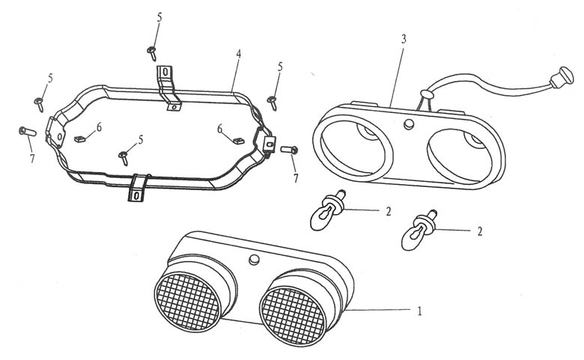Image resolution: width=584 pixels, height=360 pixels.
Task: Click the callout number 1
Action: coord(419,311)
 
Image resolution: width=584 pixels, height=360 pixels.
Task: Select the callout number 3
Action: coord(404,39)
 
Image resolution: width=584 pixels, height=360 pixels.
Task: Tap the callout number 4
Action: coord(238,54)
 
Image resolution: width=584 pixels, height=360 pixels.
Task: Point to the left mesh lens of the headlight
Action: coord(188,302)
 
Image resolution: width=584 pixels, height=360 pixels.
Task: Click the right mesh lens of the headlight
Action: coord(293,316)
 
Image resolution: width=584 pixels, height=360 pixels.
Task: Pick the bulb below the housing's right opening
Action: coord(419,230)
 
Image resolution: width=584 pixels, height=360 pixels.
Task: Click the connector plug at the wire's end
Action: coord(562,77)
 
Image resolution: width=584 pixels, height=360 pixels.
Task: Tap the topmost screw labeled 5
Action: coord(152,53)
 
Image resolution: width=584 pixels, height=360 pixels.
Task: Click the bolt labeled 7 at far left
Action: coord(28,132)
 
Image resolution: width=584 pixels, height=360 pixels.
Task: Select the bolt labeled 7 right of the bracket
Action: coord(289,150)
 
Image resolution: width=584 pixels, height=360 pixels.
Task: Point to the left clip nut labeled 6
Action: coord(80,139)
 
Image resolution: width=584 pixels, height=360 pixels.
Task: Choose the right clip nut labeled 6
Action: coord(238,141)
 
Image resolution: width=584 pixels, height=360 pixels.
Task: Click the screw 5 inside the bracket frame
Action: coord(124,158)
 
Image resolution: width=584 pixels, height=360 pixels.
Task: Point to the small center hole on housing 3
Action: coord(409,124)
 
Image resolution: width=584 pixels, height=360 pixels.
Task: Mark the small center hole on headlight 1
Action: coord(254,259)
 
